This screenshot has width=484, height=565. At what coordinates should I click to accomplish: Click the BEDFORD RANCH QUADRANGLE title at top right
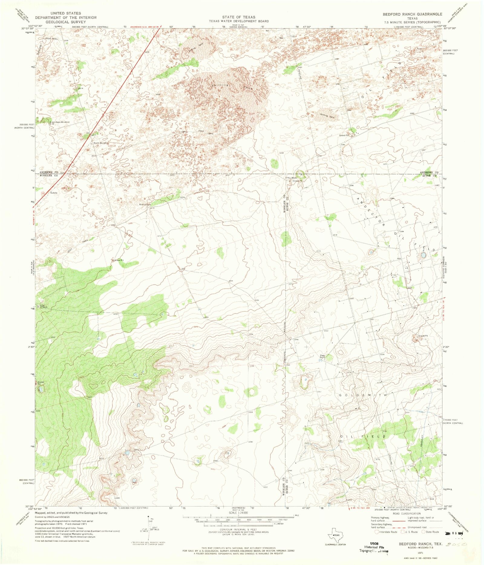click(x=412, y=14)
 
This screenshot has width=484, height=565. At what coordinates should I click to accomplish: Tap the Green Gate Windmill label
click(x=60, y=122)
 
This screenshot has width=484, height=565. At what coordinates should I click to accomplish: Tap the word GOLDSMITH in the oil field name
click(x=363, y=395)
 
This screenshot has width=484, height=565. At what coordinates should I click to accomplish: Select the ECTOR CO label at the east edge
click(x=429, y=175)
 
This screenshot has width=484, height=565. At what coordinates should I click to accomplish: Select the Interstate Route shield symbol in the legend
click(x=377, y=532)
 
